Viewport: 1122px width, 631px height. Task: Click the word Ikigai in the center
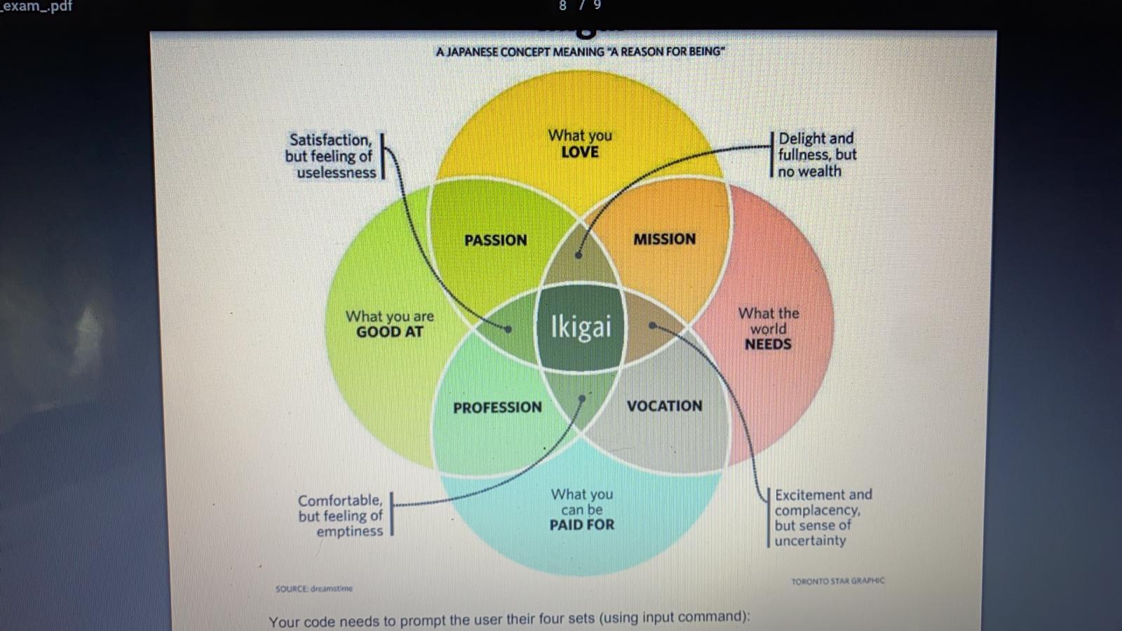(x=581, y=327)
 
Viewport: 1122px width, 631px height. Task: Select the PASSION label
(x=495, y=240)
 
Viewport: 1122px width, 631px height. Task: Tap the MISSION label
(x=664, y=239)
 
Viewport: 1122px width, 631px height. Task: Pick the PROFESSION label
(x=497, y=407)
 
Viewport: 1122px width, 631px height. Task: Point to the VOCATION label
(x=664, y=406)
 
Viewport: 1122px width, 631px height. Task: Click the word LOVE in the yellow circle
(x=580, y=152)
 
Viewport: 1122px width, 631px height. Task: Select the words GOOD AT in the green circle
(x=390, y=332)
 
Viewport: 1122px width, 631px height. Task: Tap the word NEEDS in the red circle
(x=768, y=344)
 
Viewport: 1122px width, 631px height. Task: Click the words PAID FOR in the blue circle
(x=581, y=525)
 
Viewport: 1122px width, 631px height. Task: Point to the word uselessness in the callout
(x=337, y=172)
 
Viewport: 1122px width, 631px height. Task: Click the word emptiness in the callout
(x=349, y=531)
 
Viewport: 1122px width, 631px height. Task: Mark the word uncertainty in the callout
(x=810, y=541)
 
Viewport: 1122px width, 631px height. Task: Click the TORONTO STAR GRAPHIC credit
(x=837, y=581)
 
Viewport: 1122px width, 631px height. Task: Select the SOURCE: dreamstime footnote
(x=314, y=589)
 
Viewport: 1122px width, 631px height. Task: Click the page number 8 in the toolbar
(x=562, y=6)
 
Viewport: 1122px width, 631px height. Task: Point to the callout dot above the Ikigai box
(x=579, y=255)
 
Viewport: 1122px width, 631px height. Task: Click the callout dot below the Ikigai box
(x=582, y=398)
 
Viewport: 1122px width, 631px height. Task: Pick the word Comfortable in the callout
(x=340, y=501)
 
